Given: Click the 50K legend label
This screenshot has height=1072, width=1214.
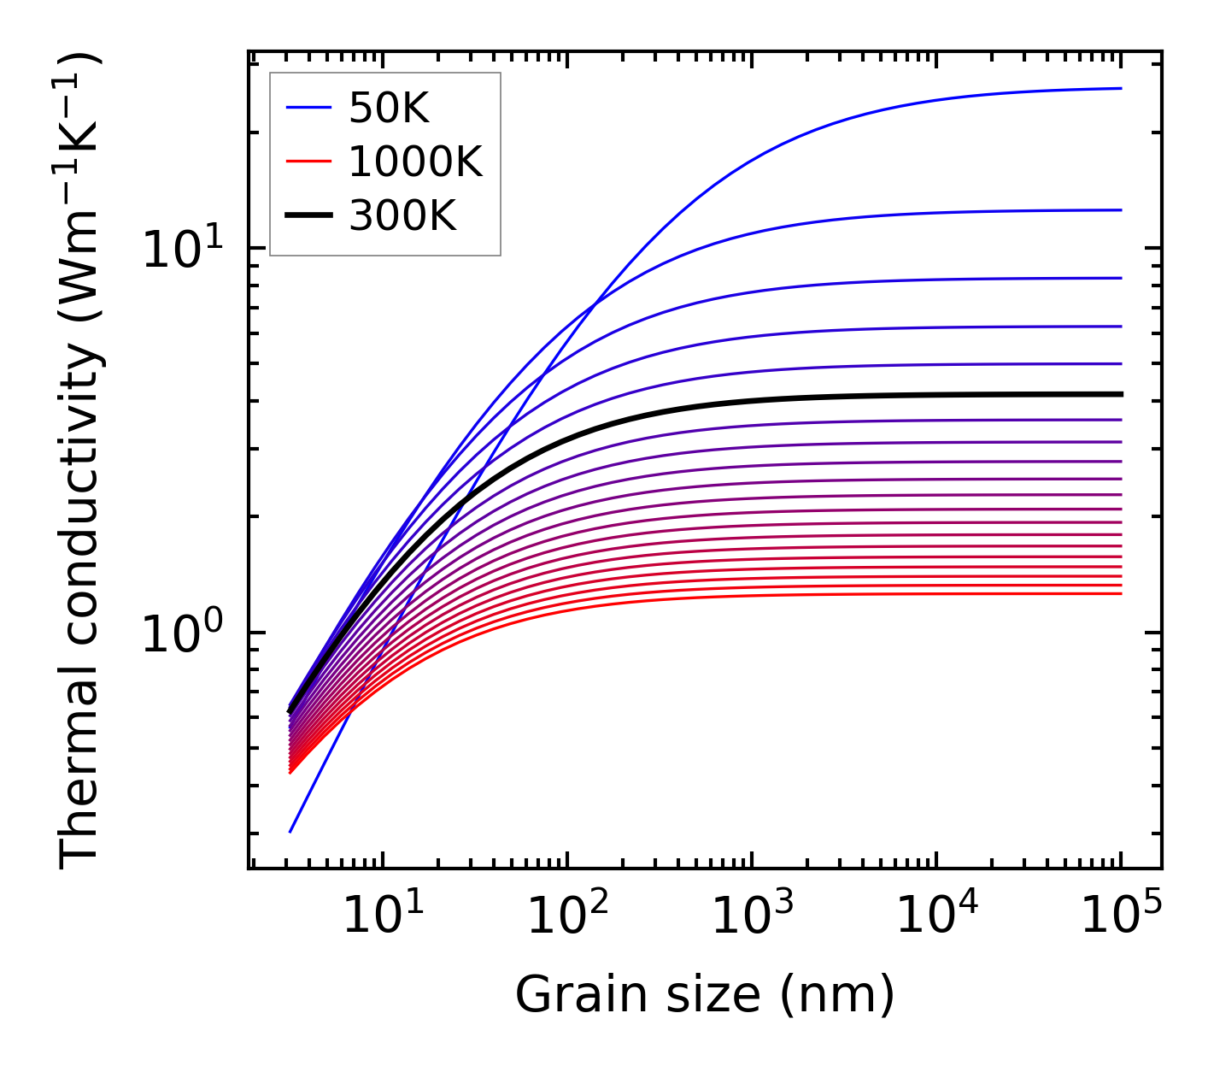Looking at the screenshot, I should click(x=389, y=108).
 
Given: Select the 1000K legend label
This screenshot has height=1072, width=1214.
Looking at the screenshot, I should click(x=415, y=162).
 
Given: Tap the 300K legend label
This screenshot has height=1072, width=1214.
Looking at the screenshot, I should click(x=402, y=216).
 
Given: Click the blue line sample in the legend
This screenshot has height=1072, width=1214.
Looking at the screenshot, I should click(x=308, y=108).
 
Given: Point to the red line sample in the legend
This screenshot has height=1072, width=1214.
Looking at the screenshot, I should click(x=308, y=162).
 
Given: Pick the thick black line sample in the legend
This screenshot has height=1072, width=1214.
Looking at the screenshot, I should click(x=308, y=216).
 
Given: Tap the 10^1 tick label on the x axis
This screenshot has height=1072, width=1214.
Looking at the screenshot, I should click(x=383, y=916).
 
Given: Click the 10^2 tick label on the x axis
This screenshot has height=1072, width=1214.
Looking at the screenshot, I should click(x=567, y=916).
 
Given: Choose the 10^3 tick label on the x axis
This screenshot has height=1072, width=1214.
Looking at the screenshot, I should click(x=752, y=916).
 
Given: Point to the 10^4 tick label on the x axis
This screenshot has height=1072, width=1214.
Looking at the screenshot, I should click(x=936, y=916).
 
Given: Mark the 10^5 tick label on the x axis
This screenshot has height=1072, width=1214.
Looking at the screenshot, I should click(x=1121, y=916).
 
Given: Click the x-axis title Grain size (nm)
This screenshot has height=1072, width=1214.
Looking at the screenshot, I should click(x=705, y=994).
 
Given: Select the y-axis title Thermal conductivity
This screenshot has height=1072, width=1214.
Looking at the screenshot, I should click(x=81, y=460).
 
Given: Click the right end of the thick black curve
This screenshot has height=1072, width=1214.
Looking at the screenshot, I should click(x=1120, y=394).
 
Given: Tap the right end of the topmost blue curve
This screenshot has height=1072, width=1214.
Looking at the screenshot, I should click(x=1120, y=88).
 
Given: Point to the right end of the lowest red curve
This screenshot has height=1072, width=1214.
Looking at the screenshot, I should click(x=1120, y=593).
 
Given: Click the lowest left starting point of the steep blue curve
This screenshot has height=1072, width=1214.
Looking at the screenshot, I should click(x=290, y=832).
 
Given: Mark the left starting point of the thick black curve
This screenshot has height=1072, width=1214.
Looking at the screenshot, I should click(x=290, y=710).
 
